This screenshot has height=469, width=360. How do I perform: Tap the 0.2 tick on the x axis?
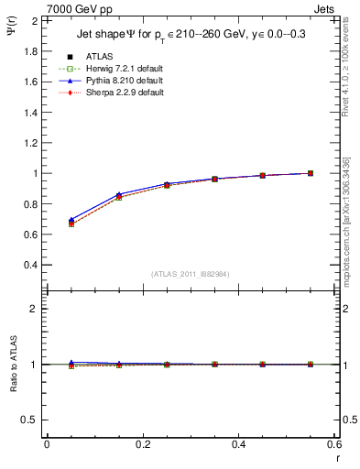click(x=143, y=444)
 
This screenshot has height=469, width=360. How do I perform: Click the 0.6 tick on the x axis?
click(x=334, y=444)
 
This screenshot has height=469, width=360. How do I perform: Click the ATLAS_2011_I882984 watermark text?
click(x=191, y=273)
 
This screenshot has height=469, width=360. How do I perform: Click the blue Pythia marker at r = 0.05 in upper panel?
click(x=71, y=220)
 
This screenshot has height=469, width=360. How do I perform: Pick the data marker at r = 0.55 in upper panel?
click(x=311, y=173)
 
